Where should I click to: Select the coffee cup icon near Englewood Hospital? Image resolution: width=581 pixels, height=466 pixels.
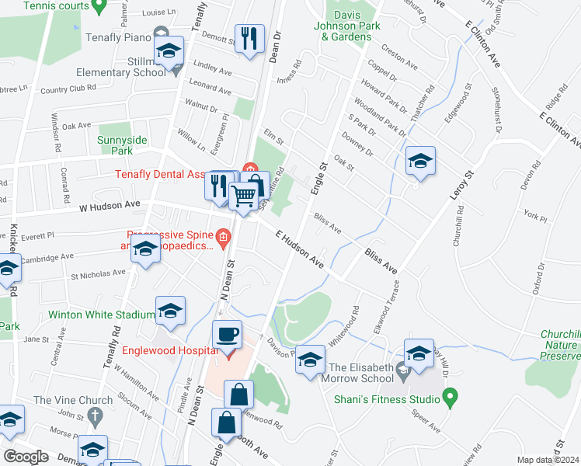pos(227,334)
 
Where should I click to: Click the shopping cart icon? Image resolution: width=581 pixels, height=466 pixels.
pos(244,197)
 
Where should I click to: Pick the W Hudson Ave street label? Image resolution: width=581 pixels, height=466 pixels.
pos(108,205)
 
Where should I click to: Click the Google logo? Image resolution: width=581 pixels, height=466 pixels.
pos(26,457)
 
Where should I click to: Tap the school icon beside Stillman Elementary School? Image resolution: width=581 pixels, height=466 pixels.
pos(169,51)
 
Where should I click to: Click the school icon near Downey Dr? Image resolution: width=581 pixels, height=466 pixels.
pos(420,161)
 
